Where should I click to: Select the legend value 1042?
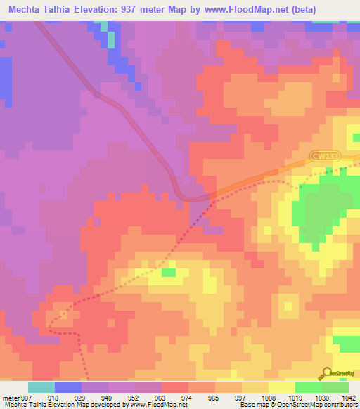(x=349, y=397)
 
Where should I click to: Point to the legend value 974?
(x=188, y=397)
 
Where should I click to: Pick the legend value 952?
(x=134, y=397)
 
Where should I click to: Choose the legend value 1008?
(x=268, y=397)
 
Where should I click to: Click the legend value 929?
(x=81, y=397)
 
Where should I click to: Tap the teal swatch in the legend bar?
(x=41, y=387)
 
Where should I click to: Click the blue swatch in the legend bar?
(x=68, y=387)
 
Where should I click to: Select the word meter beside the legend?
(x=11, y=397)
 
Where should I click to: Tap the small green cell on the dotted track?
(x=168, y=271)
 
